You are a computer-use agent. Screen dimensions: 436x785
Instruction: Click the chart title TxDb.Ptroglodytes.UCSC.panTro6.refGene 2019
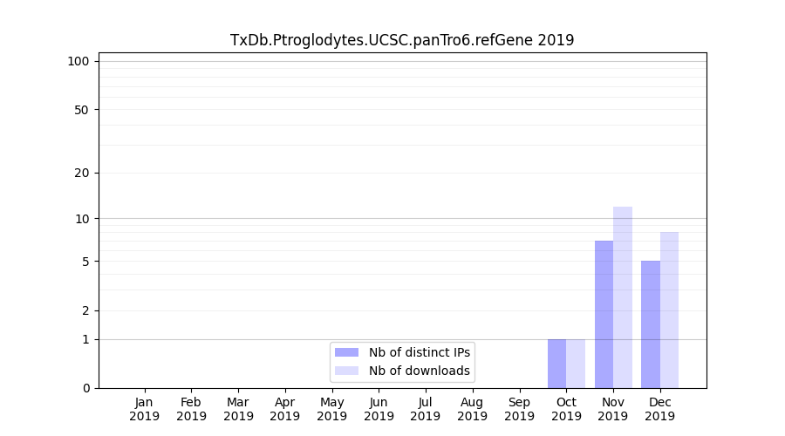click(x=402, y=40)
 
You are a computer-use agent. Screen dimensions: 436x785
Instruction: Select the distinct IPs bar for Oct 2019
click(x=556, y=364)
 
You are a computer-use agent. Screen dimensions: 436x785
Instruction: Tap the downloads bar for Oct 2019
click(x=576, y=364)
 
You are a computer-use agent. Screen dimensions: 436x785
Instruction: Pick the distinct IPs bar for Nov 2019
click(x=604, y=314)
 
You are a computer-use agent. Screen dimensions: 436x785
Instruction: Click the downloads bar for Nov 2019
click(x=623, y=297)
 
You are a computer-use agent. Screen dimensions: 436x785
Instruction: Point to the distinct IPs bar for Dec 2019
click(x=651, y=324)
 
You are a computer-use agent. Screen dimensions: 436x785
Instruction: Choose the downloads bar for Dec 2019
click(x=669, y=310)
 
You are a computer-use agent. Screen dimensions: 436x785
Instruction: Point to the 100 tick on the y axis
click(x=78, y=61)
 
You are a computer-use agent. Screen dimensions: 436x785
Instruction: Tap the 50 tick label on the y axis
click(x=82, y=110)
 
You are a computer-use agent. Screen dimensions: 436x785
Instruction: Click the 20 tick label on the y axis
click(x=82, y=173)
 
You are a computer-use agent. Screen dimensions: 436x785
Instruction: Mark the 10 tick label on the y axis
click(x=82, y=218)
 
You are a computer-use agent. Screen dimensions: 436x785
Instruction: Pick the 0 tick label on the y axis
click(x=85, y=388)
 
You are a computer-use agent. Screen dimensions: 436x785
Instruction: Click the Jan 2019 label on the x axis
click(x=145, y=409)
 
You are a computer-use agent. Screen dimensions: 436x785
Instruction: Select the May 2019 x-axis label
click(x=332, y=409)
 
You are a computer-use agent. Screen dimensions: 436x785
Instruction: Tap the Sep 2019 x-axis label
click(x=519, y=409)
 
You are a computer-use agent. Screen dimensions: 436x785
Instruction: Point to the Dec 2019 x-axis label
click(x=660, y=409)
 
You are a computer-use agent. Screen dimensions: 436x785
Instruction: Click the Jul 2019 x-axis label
click(x=426, y=409)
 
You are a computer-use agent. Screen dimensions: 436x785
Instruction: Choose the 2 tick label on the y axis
click(x=85, y=310)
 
